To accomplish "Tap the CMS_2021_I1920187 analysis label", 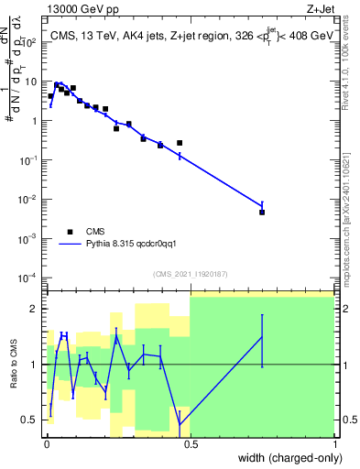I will tap(190, 273).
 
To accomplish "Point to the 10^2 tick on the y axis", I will tap(33, 42).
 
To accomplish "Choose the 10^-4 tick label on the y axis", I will tap(31, 278).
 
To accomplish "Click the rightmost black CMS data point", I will tap(262, 213).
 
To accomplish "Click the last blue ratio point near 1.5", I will tap(262, 337).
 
